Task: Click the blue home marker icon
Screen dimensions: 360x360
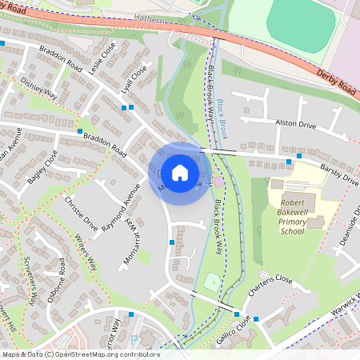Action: [180, 173]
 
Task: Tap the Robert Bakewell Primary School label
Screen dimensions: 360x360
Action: [293, 218]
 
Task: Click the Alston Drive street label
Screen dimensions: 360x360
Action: [296, 124]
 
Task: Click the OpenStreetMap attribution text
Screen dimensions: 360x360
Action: [80, 354]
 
